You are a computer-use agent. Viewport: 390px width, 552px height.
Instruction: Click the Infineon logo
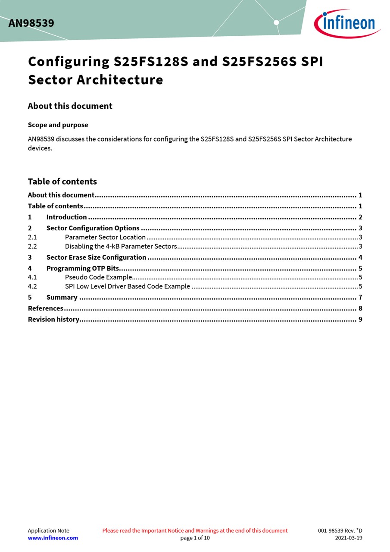pyautogui.click(x=347, y=23)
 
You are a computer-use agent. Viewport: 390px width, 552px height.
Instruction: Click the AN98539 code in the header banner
pyautogui.click(x=31, y=23)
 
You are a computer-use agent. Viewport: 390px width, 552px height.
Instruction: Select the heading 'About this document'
pyautogui.click(x=70, y=106)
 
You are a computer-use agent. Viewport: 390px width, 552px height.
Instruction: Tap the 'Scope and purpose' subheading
pyautogui.click(x=58, y=125)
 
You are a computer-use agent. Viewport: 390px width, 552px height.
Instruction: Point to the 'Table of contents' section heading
pyautogui.click(x=62, y=182)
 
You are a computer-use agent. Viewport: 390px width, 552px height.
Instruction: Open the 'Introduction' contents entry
pyautogui.click(x=66, y=217)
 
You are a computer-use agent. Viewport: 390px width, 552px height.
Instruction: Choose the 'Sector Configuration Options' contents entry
pyautogui.click(x=93, y=228)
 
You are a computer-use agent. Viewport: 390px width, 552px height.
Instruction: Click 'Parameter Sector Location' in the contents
pyautogui.click(x=105, y=237)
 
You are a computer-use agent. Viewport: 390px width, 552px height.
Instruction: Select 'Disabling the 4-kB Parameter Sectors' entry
pyautogui.click(x=121, y=247)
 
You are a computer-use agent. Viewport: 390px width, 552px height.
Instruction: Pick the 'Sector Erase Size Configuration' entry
pyautogui.click(x=96, y=257)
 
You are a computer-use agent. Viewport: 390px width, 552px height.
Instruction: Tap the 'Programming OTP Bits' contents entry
pyautogui.click(x=82, y=269)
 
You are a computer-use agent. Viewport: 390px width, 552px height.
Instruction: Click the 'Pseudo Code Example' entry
pyautogui.click(x=98, y=277)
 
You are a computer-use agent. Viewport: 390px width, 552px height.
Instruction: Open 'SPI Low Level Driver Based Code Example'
pyautogui.click(x=127, y=286)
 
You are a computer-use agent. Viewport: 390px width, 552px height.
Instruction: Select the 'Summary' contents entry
pyautogui.click(x=62, y=298)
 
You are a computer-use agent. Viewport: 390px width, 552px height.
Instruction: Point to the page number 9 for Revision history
pyautogui.click(x=360, y=320)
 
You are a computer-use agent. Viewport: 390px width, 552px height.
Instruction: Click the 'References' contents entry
pyautogui.click(x=45, y=308)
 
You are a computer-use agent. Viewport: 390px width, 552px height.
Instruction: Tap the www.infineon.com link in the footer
pyautogui.click(x=53, y=538)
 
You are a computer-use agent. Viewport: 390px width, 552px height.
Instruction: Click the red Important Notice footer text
pyautogui.click(x=195, y=530)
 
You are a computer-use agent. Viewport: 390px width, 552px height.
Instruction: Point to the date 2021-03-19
pyautogui.click(x=349, y=538)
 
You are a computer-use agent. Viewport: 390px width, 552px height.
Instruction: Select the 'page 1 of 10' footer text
pyautogui.click(x=195, y=538)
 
